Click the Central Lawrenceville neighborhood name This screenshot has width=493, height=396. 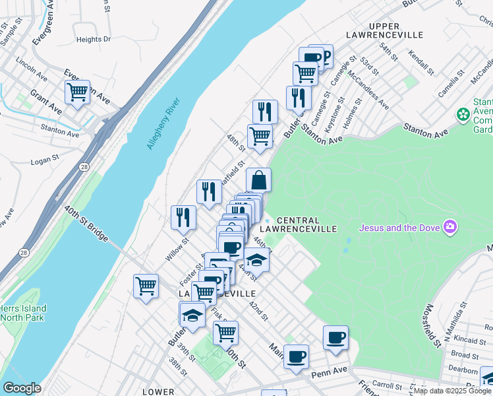(307, 224)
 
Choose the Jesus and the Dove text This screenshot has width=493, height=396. (399, 228)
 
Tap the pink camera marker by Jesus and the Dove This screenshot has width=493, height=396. (451, 228)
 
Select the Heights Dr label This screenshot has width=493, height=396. (94, 40)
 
